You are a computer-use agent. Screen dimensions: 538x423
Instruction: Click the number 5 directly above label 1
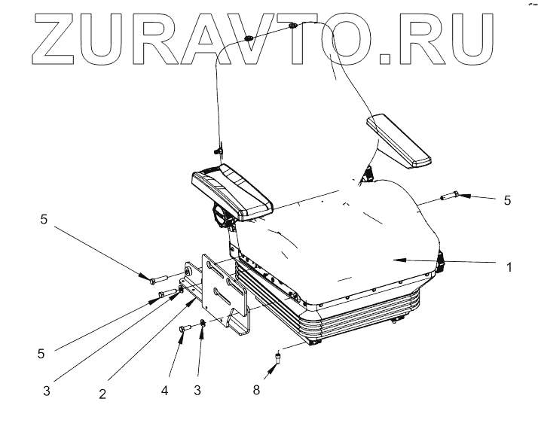pyautogui.click(x=507, y=200)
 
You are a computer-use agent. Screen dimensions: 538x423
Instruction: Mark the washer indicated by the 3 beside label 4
pyautogui.click(x=203, y=324)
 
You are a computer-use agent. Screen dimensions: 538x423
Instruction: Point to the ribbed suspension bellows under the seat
pyautogui.click(x=354, y=316)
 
